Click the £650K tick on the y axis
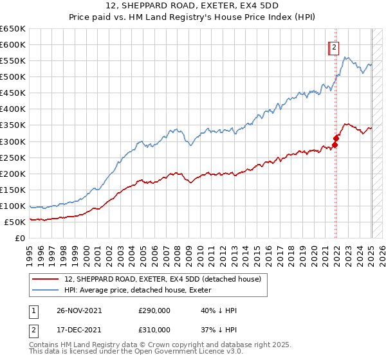click(x=12, y=29)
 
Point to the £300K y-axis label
click(x=12, y=141)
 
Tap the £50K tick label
click(x=15, y=222)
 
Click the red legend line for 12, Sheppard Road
click(x=46, y=279)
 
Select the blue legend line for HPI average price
click(x=46, y=290)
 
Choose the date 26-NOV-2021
click(x=78, y=310)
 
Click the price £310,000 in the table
click(x=154, y=330)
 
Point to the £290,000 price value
click(x=154, y=310)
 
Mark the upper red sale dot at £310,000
click(x=336, y=138)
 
